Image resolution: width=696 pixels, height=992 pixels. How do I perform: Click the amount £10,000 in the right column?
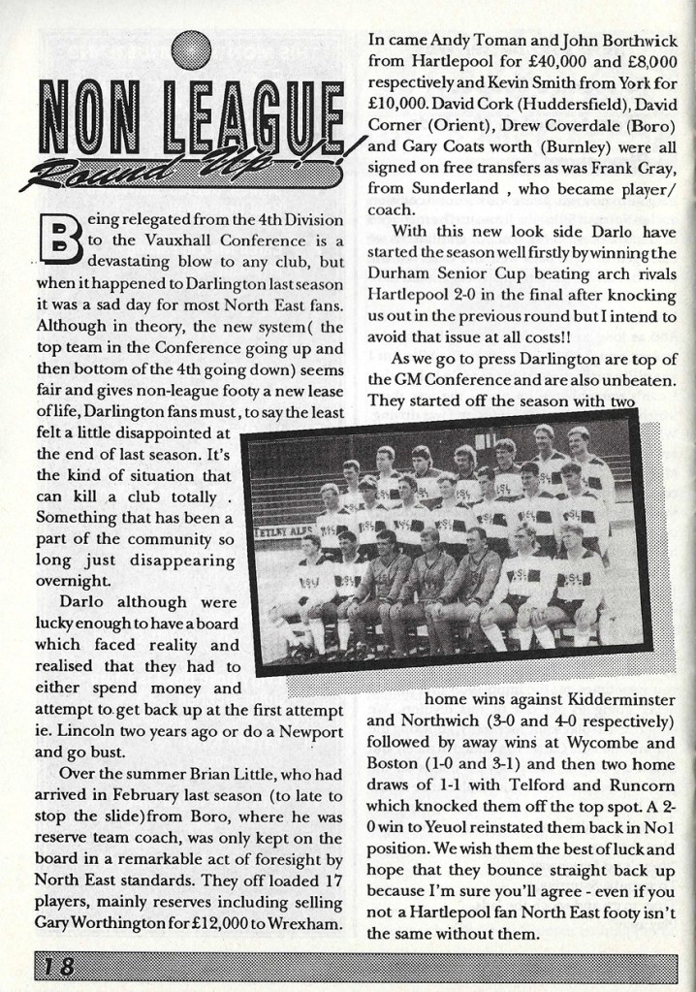[408, 104]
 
